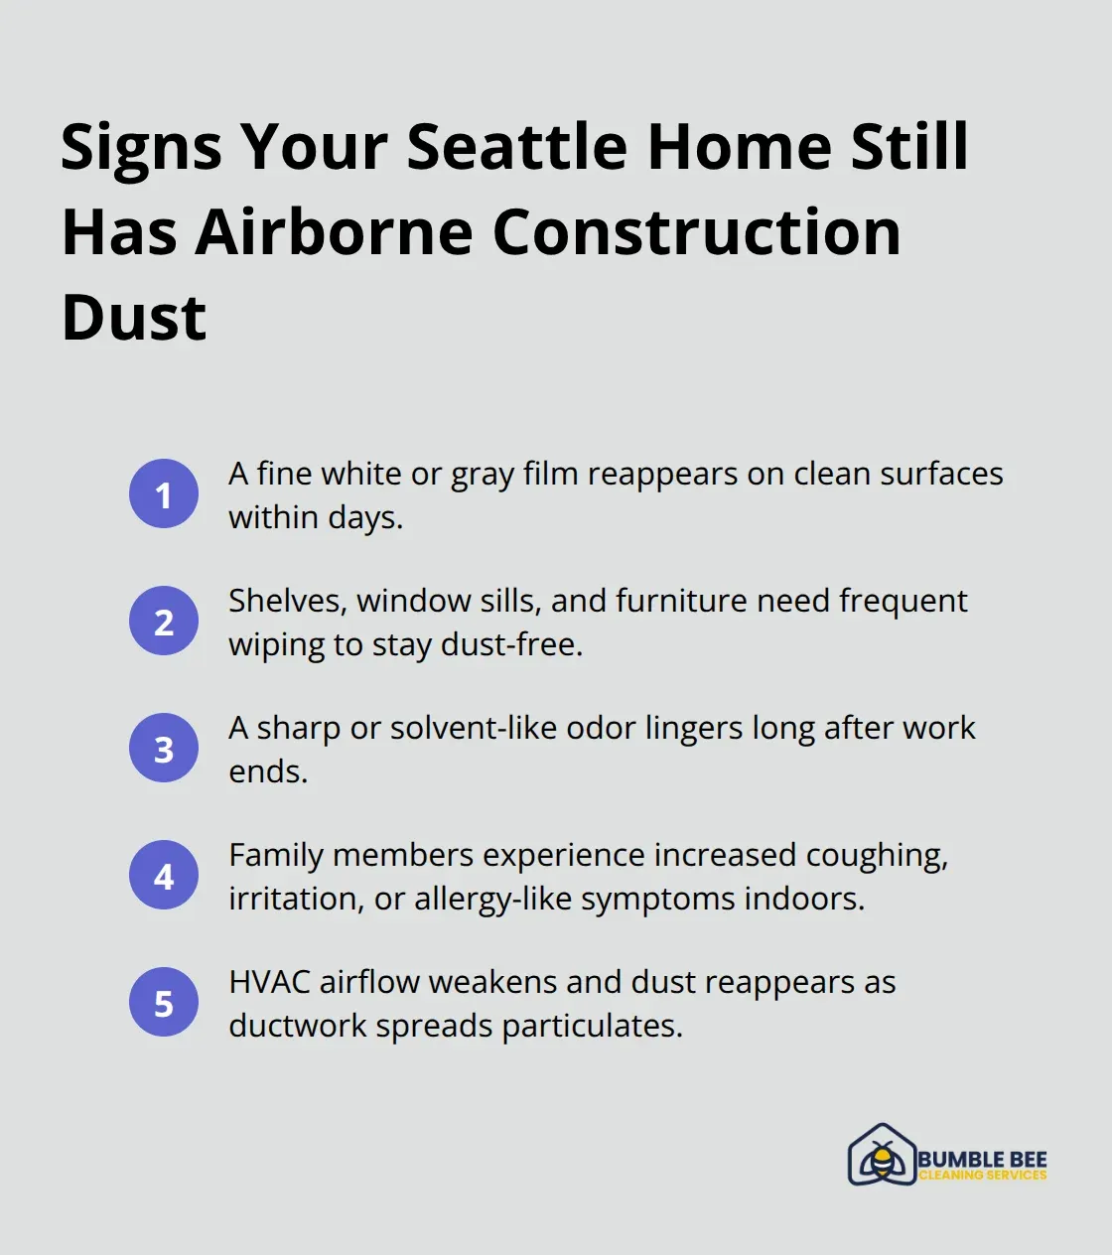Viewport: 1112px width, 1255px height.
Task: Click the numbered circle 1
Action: click(164, 493)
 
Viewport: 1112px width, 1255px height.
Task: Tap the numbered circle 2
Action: click(164, 621)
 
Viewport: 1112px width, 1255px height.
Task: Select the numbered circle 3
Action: click(164, 748)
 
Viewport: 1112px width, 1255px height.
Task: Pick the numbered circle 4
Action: click(164, 875)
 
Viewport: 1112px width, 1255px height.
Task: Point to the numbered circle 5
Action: click(164, 1002)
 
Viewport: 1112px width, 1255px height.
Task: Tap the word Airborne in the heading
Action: click(335, 232)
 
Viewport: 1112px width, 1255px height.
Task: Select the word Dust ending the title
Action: click(134, 318)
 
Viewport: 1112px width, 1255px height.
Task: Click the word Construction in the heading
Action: click(696, 232)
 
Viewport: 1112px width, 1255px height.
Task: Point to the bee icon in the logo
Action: click(881, 1157)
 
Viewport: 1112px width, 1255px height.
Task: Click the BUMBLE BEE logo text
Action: click(982, 1159)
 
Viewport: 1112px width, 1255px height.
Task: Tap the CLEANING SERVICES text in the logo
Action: click(982, 1176)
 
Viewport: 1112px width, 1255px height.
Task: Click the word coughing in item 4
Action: click(877, 856)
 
